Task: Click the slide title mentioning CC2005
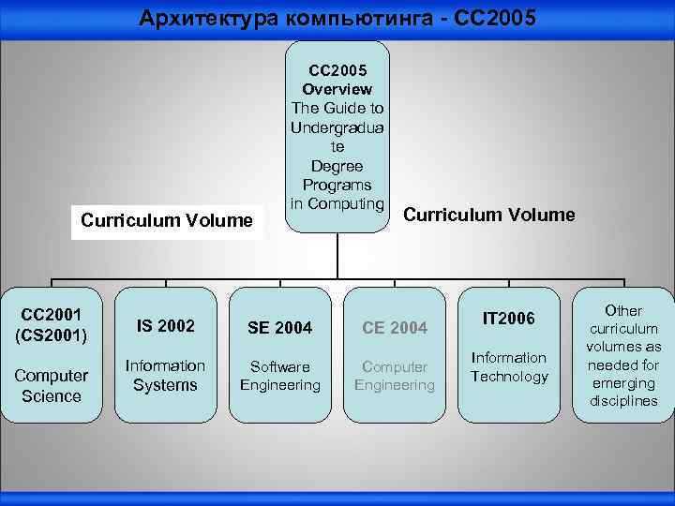[x=337, y=18]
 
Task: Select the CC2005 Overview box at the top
[x=337, y=137]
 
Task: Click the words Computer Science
[x=51, y=385]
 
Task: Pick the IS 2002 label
[x=166, y=326]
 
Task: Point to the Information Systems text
[x=166, y=375]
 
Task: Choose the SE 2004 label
[x=280, y=327]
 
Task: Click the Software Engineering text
[x=280, y=376]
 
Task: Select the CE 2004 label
[x=395, y=327]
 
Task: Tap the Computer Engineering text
[x=395, y=376]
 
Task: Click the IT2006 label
[x=509, y=320]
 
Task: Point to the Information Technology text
[x=509, y=366]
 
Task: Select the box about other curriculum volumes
[x=623, y=355]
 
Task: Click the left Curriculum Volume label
[x=167, y=221]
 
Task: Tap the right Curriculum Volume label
[x=489, y=215]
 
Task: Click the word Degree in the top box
[x=337, y=166]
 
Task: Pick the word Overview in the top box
[x=337, y=89]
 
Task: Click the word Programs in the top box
[x=337, y=185]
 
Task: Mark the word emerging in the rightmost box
[x=623, y=383]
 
